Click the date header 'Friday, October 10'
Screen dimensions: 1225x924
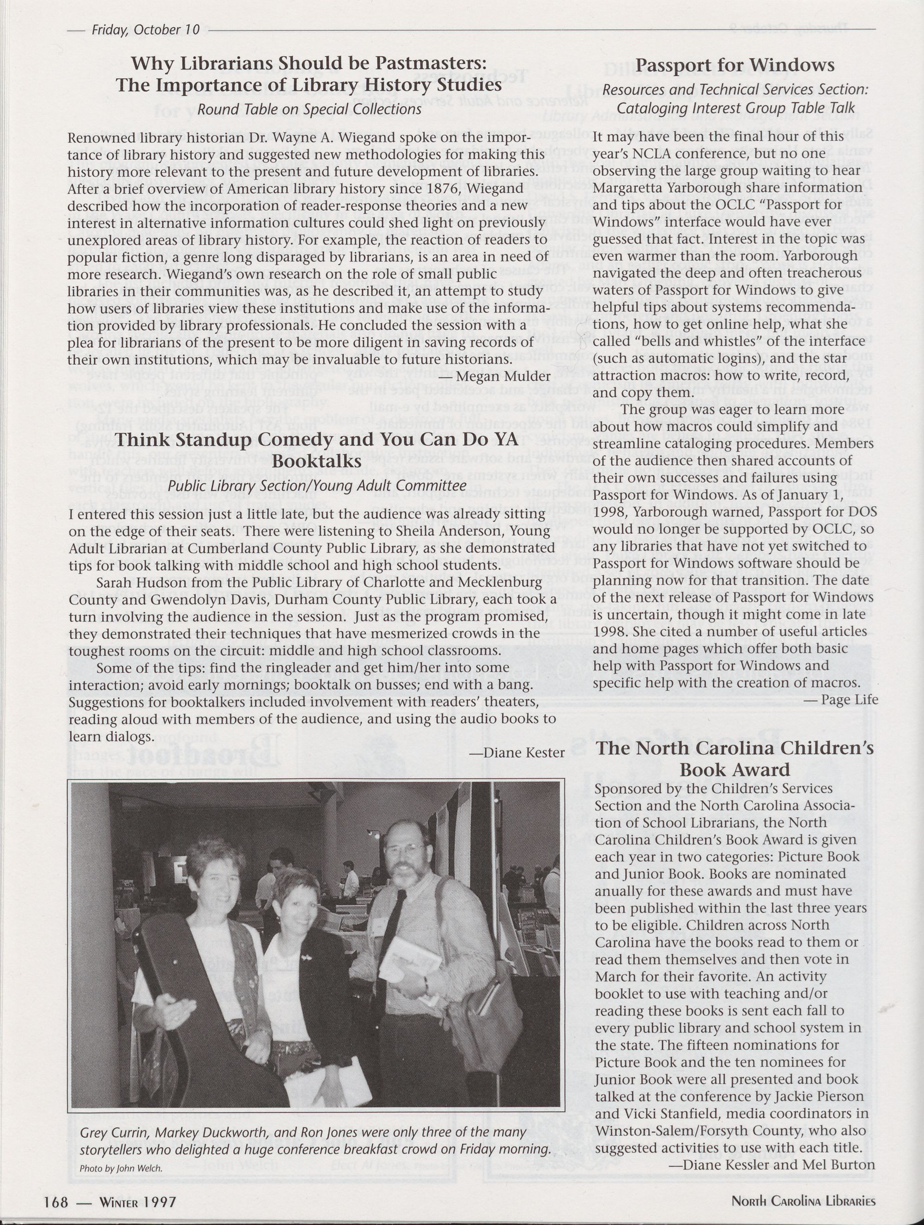[145, 30]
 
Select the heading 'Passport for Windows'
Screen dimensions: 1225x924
[735, 65]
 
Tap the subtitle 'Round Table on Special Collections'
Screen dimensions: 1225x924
[309, 109]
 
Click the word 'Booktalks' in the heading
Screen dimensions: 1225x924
[316, 461]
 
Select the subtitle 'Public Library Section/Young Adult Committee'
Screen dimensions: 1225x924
[316, 486]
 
